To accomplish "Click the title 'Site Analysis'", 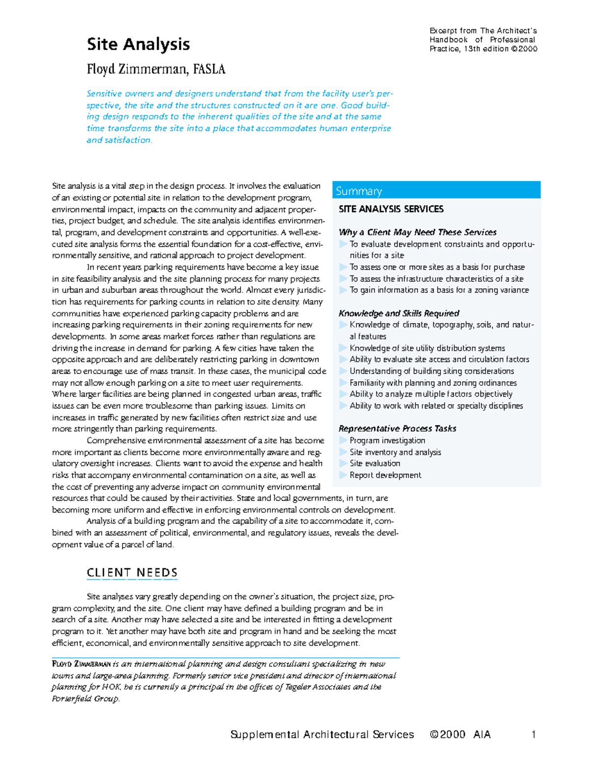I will (x=138, y=44).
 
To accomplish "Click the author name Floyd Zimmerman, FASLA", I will (x=156, y=69).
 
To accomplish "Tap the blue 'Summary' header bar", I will (x=436, y=191).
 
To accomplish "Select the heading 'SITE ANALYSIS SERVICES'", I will (x=391, y=209).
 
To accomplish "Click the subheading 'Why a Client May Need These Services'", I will (x=417, y=232).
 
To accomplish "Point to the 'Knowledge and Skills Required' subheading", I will (x=399, y=313).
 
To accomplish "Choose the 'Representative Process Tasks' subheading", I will (x=397, y=428).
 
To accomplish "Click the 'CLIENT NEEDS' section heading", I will (x=132, y=573).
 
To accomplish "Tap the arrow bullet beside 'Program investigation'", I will (x=343, y=440).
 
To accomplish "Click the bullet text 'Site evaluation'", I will (x=375, y=463).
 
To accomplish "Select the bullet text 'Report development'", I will (x=385, y=475).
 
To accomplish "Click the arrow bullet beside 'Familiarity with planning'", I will (x=343, y=383).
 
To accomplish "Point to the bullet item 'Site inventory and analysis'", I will (x=395, y=452).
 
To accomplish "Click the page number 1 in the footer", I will (x=533, y=735).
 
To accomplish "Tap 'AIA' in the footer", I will (x=482, y=735).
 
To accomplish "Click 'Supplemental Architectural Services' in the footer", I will (x=322, y=735).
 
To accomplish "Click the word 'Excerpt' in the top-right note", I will (x=443, y=30).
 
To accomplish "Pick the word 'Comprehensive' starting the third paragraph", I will (x=116, y=441).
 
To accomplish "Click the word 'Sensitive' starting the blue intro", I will (x=104, y=94).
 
